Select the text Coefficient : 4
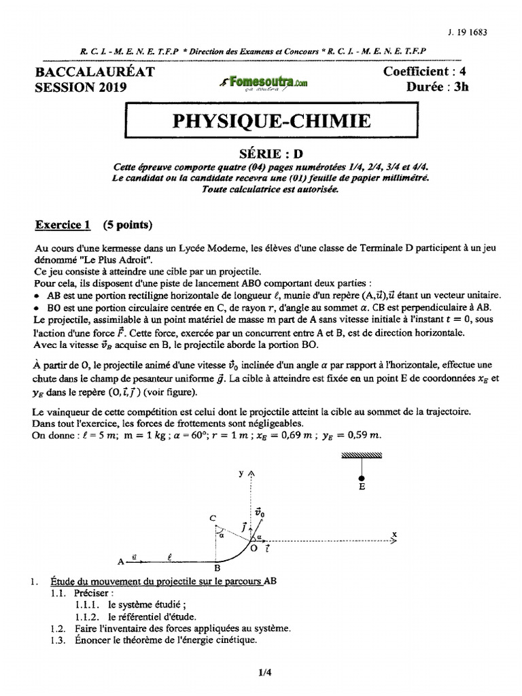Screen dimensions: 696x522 pos(425,71)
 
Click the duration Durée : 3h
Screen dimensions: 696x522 pos(438,86)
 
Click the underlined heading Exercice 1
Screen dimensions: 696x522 pos(63,224)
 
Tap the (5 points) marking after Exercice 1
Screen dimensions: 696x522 pos(128,224)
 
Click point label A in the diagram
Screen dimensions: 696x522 pos(120,562)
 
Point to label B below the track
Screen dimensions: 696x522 pos(216,569)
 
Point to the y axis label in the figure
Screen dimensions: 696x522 pos(241,474)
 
